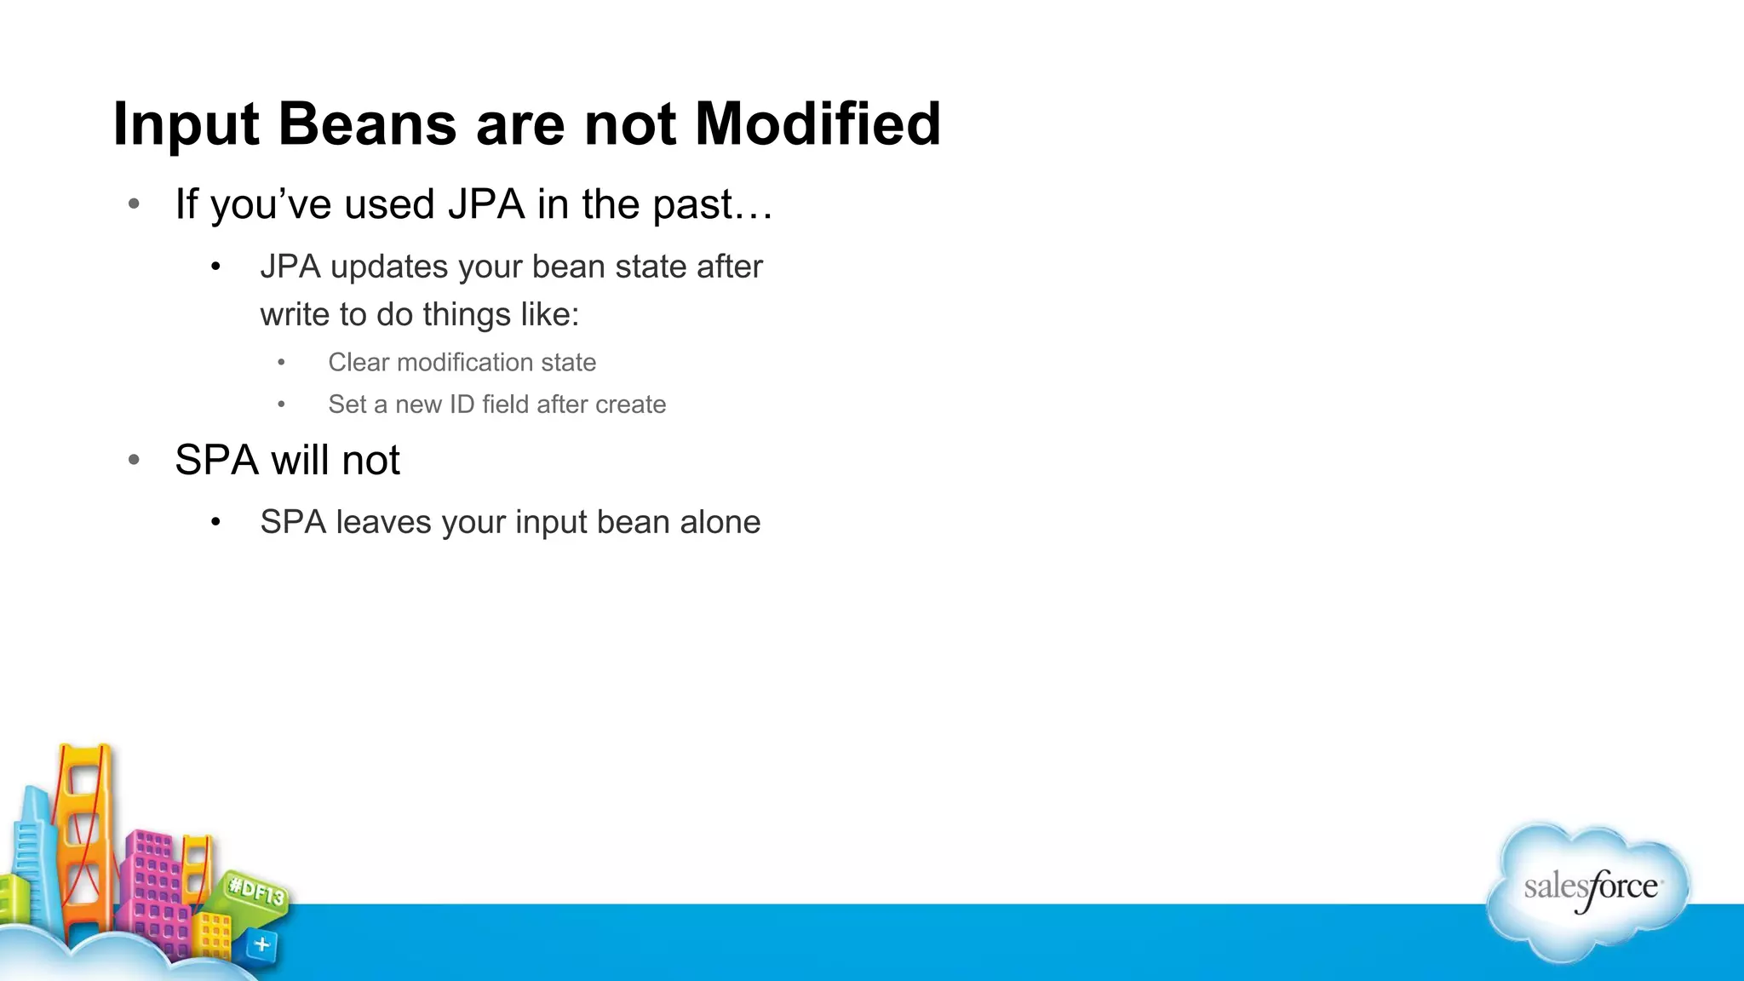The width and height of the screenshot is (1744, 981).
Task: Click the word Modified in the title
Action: point(817,124)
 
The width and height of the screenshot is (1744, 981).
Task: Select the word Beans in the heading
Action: point(367,124)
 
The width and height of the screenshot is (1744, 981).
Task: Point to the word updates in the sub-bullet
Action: point(389,267)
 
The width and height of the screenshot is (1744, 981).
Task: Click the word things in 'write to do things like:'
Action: point(466,314)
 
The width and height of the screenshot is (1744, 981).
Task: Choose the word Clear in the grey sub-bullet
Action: point(359,363)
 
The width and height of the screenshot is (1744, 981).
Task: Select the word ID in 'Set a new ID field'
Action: point(462,404)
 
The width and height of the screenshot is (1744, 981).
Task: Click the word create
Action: point(630,404)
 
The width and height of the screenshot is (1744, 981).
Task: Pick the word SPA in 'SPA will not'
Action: point(216,461)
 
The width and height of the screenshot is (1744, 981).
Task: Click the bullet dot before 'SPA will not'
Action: point(134,461)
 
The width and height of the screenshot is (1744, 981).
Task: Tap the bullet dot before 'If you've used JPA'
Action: point(134,204)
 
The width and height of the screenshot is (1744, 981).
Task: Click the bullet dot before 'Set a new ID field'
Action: point(281,404)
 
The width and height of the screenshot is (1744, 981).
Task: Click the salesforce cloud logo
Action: point(1589,890)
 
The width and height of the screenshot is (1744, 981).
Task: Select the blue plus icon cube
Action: point(261,944)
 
